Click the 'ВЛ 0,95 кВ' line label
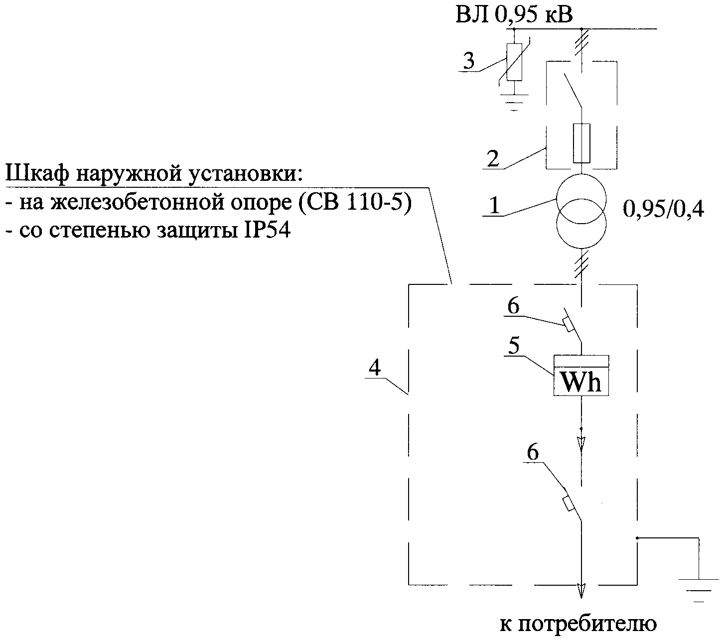pyautogui.click(x=514, y=14)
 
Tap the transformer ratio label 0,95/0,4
pyautogui.click(x=663, y=210)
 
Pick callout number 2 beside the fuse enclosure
pyautogui.click(x=493, y=159)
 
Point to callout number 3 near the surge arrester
pyautogui.click(x=468, y=61)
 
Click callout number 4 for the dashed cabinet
pyautogui.click(x=375, y=368)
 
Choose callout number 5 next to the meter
pyautogui.click(x=513, y=346)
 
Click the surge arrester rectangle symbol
pyautogui.click(x=514, y=62)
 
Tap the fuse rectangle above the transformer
pyautogui.click(x=581, y=143)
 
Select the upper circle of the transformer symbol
pyautogui.click(x=581, y=198)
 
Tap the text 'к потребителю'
pyautogui.click(x=578, y=624)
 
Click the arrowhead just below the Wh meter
pyautogui.click(x=581, y=442)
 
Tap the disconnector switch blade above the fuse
pyautogui.click(x=573, y=90)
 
